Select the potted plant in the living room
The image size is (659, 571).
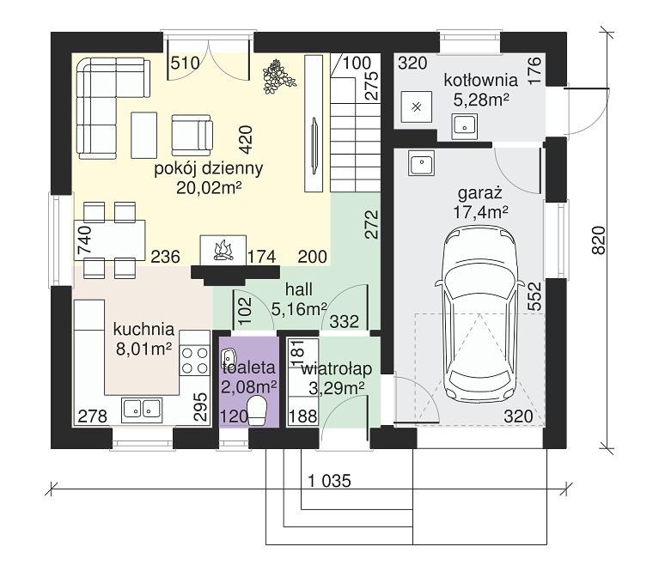tap(278, 76)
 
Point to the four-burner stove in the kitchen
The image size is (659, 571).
tap(194, 360)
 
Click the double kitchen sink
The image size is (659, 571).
tap(142, 410)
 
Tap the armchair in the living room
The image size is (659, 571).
tap(192, 135)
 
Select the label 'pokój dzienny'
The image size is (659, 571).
tap(209, 168)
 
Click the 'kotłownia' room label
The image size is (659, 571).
tap(481, 80)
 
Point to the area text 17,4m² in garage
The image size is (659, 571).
tap(480, 212)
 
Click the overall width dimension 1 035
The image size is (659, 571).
tap(329, 481)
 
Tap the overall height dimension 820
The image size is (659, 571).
tap(599, 240)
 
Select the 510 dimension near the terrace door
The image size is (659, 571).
tap(185, 63)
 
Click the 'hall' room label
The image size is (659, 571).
tap(299, 289)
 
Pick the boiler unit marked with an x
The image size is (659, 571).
tap(416, 106)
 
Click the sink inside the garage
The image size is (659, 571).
tap(422, 163)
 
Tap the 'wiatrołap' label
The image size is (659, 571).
tap(337, 369)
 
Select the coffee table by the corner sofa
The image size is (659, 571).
tap(143, 135)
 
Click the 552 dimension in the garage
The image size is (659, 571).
tap(534, 296)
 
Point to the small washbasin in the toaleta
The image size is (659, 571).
tap(229, 356)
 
